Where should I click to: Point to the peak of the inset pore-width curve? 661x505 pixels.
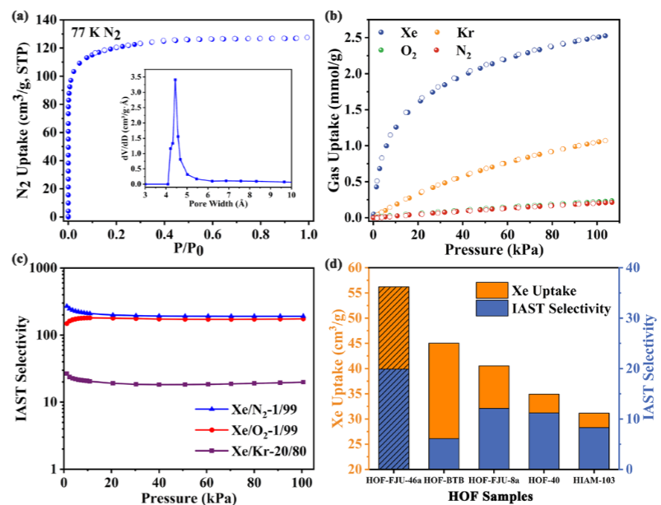[175, 80]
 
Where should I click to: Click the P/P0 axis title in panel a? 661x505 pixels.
[189, 247]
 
